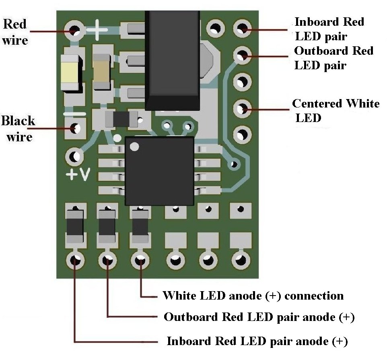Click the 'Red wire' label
15,32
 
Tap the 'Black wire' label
18,128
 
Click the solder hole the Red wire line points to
74,30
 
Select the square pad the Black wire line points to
74,129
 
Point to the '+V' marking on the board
78,175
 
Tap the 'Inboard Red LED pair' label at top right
329,29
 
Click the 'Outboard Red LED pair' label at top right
333,58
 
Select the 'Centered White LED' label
336,110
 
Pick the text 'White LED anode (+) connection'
253,296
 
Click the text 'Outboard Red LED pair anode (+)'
259,317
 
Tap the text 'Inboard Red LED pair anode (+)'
257,341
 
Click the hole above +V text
74,156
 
